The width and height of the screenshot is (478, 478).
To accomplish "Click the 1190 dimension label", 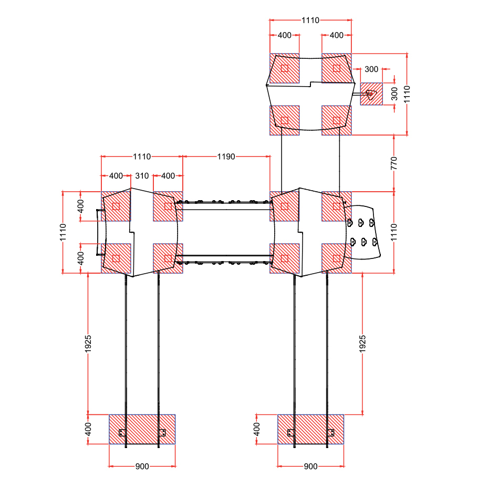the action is (226, 157).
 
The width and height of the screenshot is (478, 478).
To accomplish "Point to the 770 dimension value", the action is (394, 163).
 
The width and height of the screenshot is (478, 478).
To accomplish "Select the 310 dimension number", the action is (142, 176).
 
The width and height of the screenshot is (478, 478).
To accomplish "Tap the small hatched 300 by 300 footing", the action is (371, 94).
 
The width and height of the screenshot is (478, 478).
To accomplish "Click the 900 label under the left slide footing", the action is (142, 466).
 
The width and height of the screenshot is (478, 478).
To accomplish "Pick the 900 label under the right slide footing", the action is (310, 466).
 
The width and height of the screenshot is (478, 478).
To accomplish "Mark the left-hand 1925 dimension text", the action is (88, 344).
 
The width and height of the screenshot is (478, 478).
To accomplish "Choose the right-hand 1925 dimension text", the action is (362, 344).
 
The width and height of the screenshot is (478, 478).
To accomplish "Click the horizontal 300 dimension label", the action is (371, 69).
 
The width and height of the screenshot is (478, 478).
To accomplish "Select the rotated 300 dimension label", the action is (394, 94).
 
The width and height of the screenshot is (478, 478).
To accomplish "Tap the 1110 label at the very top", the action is (310, 20).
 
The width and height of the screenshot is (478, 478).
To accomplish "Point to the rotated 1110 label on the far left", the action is (63, 232).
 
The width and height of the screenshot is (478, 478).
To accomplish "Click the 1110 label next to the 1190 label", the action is (142, 157).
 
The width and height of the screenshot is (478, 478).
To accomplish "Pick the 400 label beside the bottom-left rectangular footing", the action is (88, 429).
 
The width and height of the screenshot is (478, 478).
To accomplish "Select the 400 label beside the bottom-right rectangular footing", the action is (257, 429).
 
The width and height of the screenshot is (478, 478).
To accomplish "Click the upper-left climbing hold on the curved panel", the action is (350, 223).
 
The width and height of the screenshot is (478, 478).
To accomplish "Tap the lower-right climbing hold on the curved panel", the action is (375, 242).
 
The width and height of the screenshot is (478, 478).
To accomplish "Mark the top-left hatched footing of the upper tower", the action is (284, 68).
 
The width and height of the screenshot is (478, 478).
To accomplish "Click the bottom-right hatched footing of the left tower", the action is (168, 258).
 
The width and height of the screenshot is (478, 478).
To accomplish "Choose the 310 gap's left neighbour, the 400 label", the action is (116, 176).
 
